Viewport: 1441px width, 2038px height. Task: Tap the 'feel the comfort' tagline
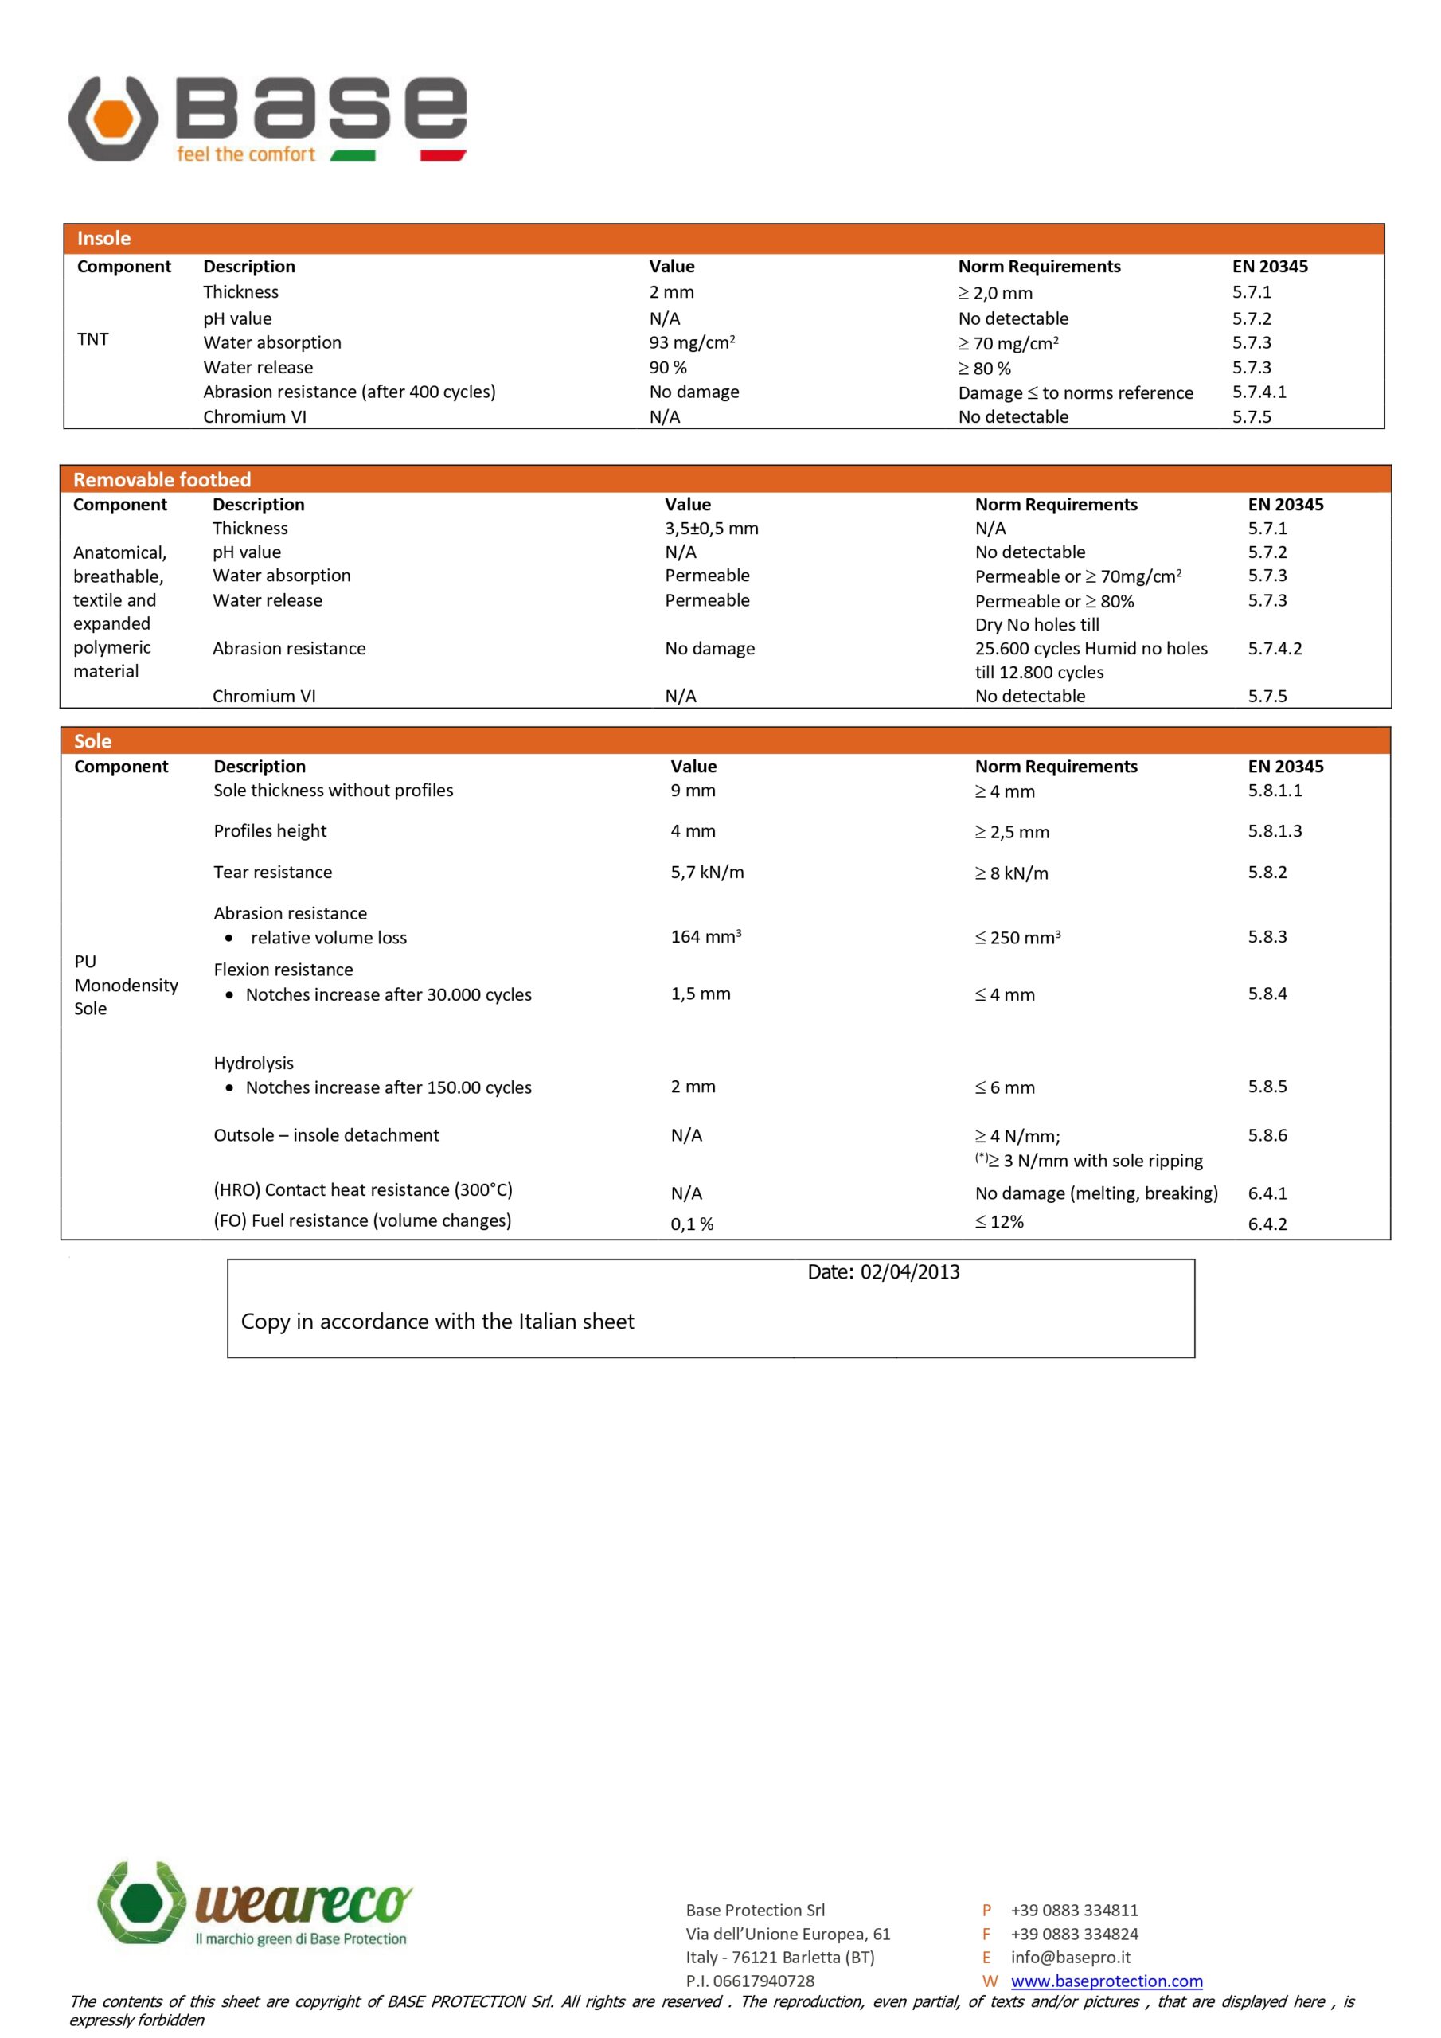[245, 154]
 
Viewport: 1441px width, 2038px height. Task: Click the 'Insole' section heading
[103, 238]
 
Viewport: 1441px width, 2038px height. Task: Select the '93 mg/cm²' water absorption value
[692, 342]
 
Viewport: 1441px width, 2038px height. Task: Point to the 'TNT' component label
[92, 339]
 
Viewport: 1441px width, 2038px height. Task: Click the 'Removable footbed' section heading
[162, 479]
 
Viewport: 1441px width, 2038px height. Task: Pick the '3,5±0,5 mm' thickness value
[711, 528]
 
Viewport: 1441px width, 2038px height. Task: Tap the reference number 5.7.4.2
[1274, 648]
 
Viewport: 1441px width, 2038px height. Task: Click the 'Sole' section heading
[92, 741]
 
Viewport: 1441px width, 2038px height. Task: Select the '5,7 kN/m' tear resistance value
[707, 872]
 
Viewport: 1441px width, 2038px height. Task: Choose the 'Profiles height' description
[270, 831]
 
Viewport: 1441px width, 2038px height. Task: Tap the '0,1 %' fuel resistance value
[692, 1224]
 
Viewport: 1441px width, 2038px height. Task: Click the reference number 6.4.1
[1267, 1193]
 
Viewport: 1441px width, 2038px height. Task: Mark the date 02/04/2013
[909, 1272]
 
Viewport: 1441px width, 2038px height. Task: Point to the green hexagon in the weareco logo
[141, 1901]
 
